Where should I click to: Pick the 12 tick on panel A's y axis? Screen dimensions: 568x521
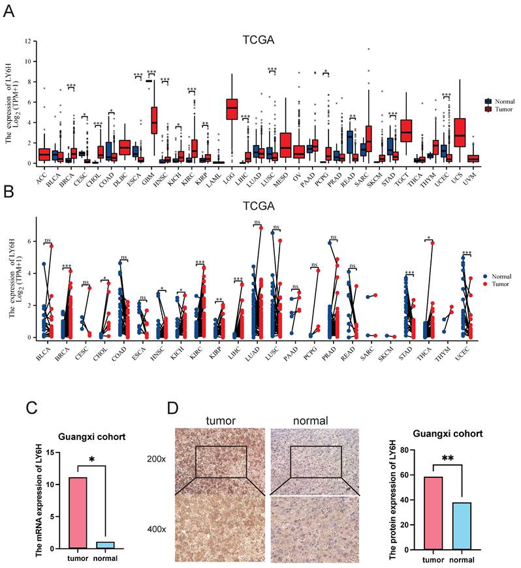[x=28, y=41]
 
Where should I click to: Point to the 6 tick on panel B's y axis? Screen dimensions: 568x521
[x=29, y=241]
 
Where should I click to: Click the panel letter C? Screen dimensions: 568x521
[x=31, y=409]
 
